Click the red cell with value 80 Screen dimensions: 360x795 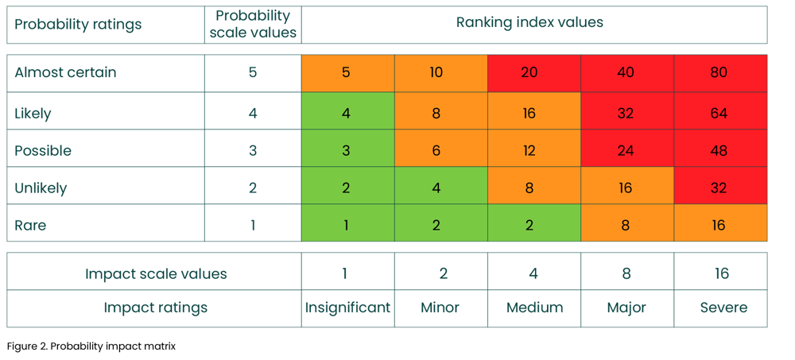click(x=719, y=73)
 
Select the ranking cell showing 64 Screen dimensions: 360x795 click(x=719, y=113)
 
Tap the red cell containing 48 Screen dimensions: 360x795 click(x=719, y=150)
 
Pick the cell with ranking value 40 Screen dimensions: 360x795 click(x=626, y=73)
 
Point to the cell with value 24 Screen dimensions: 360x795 click(x=626, y=150)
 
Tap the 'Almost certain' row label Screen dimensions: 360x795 click(x=66, y=72)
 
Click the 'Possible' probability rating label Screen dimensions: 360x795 click(x=43, y=151)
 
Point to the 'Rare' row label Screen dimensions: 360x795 click(x=31, y=226)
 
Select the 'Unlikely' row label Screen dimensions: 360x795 click(x=41, y=188)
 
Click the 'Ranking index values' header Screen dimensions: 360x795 click(x=529, y=22)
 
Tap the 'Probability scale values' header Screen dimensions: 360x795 click(x=253, y=25)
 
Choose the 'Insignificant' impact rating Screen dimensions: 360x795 click(x=347, y=308)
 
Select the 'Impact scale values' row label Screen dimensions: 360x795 click(x=156, y=274)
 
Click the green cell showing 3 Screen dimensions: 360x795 click(x=347, y=150)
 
